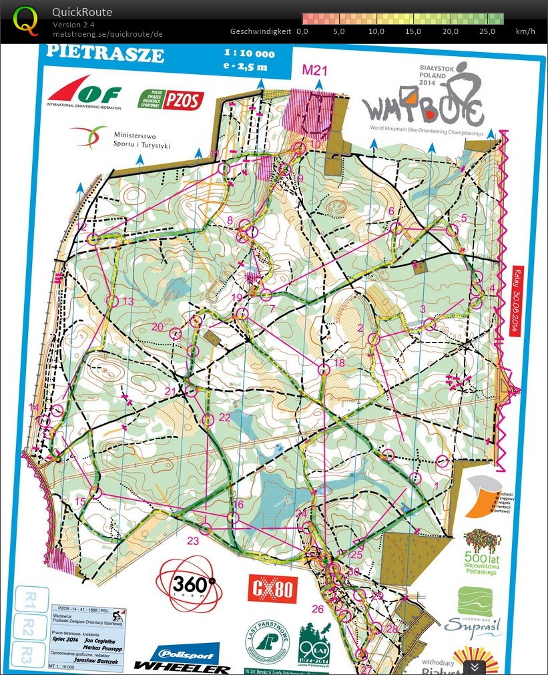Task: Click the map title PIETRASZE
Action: tap(104, 53)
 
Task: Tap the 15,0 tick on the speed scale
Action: tap(414, 31)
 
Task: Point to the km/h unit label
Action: tap(525, 31)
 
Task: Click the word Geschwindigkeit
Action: tap(260, 31)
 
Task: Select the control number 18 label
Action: tap(339, 363)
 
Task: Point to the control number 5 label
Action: tap(464, 218)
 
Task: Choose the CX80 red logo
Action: tap(272, 590)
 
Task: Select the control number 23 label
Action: tap(194, 540)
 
